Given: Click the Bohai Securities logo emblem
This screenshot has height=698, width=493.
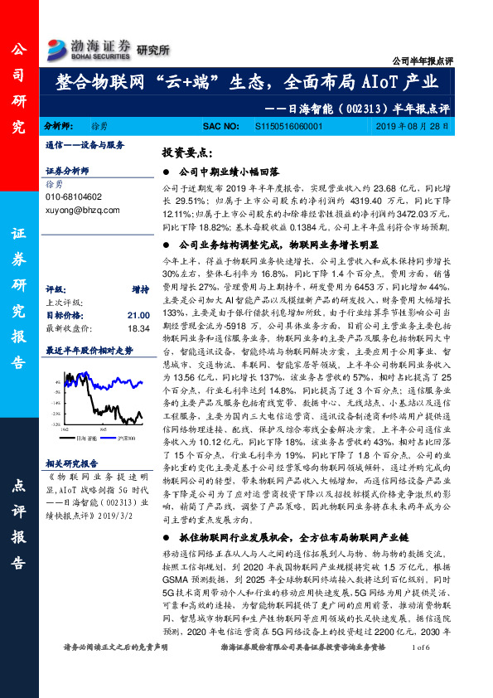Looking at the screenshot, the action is tap(58, 46).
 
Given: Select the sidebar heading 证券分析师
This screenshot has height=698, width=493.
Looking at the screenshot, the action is tap(67, 169).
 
